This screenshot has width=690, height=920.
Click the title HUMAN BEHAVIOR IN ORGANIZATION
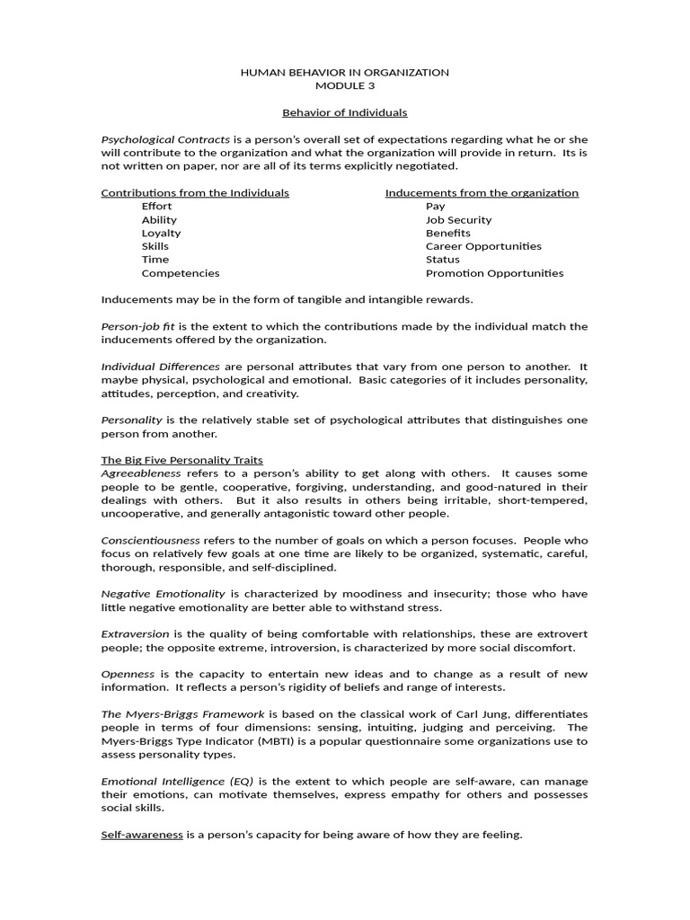pos(345,73)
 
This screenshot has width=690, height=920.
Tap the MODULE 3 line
pos(345,86)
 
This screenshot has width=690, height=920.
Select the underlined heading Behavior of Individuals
pos(345,113)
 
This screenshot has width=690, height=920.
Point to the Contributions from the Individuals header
pos(195,193)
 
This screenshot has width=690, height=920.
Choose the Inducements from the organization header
pos(482,193)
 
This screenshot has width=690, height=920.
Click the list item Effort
pos(156,207)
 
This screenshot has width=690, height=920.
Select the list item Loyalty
pos(161,233)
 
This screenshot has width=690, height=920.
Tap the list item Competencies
pos(180,273)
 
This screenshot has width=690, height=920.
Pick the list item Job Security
pos(458,220)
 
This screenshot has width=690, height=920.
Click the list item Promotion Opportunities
pos(494,273)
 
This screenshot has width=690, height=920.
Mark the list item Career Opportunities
pos(483,246)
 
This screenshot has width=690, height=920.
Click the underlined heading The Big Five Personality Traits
pos(181,460)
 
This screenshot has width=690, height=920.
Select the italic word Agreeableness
pos(141,473)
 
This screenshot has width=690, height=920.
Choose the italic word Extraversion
pos(135,634)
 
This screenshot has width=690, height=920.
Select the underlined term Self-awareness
pos(142,836)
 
